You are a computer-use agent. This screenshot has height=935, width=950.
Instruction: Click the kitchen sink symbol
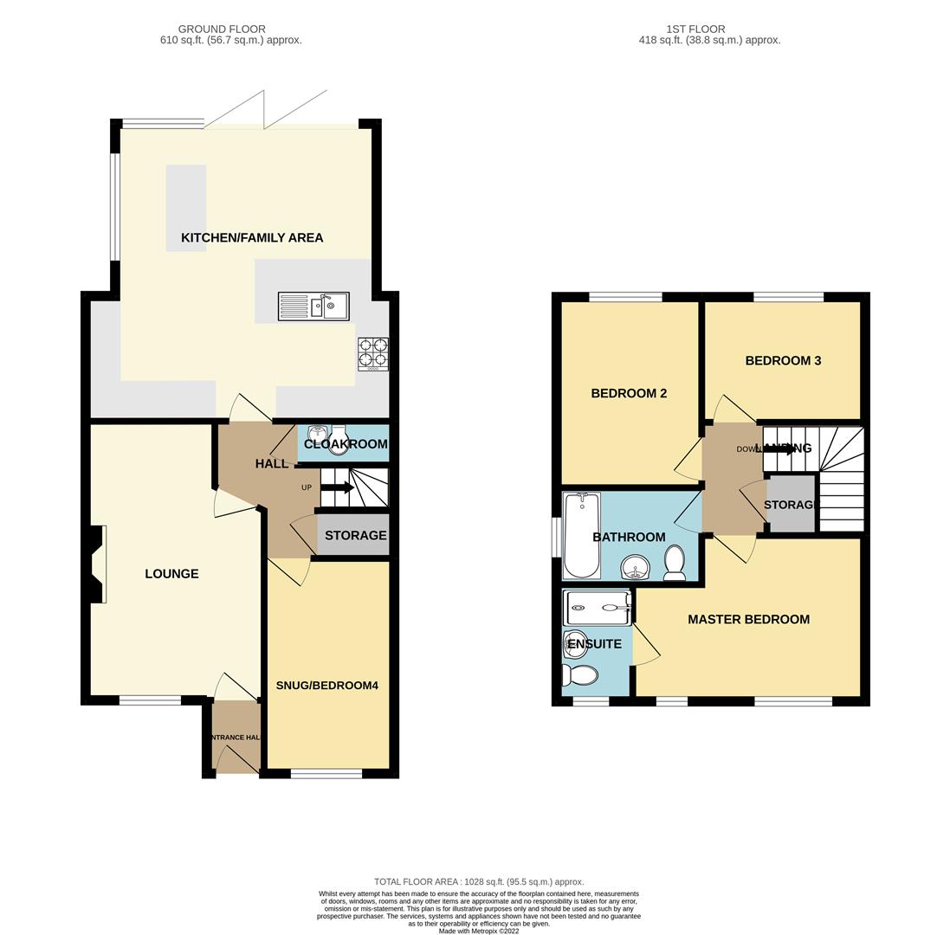pyautogui.click(x=313, y=306)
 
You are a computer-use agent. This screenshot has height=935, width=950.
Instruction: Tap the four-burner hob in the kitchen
pyautogui.click(x=373, y=353)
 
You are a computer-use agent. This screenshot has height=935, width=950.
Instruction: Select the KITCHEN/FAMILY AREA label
pyautogui.click(x=252, y=238)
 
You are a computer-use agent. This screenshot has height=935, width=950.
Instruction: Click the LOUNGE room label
pyautogui.click(x=171, y=574)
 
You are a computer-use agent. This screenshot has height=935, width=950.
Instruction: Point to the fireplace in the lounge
pyautogui.click(x=96, y=564)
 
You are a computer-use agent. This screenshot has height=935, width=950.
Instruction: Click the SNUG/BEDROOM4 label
pyautogui.click(x=327, y=686)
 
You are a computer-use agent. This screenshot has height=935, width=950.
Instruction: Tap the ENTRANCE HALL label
pyautogui.click(x=236, y=738)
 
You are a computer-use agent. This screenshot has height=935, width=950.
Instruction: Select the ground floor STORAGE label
pyautogui.click(x=355, y=536)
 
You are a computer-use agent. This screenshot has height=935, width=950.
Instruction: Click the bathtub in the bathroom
pyautogui.click(x=580, y=535)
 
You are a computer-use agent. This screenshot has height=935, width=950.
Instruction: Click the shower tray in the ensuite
pyautogui.click(x=598, y=608)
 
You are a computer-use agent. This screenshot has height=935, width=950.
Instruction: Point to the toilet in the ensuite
pyautogui.click(x=579, y=675)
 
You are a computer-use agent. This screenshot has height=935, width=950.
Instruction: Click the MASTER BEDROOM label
pyautogui.click(x=748, y=620)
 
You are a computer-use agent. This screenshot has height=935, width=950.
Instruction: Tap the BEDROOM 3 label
pyautogui.click(x=783, y=361)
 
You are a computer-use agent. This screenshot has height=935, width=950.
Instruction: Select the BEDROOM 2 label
pyautogui.click(x=629, y=394)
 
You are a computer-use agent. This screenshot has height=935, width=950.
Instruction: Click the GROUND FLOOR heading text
pyautogui.click(x=222, y=29)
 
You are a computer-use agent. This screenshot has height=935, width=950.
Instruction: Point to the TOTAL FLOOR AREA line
pyautogui.click(x=479, y=881)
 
